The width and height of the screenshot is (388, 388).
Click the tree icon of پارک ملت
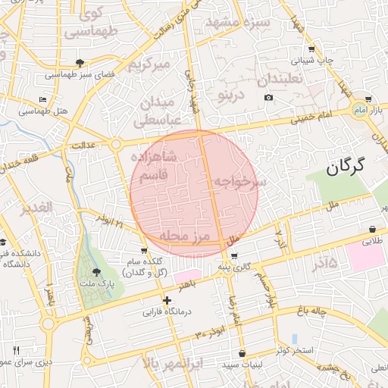pos(95,272)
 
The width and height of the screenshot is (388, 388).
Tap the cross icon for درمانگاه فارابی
pos(167,301)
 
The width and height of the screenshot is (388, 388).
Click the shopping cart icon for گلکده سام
pos(144,251)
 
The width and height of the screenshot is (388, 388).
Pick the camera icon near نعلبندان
pos(268,98)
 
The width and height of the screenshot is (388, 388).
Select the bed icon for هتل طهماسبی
pos(43,99)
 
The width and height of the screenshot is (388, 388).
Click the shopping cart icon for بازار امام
pos(368,99)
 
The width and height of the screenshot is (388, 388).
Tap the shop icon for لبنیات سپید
pos(242,353)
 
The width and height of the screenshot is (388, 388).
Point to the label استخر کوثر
pos(297,349)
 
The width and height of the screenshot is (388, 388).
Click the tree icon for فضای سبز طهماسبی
pos(80,63)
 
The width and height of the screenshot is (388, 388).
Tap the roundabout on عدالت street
pos(116,143)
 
